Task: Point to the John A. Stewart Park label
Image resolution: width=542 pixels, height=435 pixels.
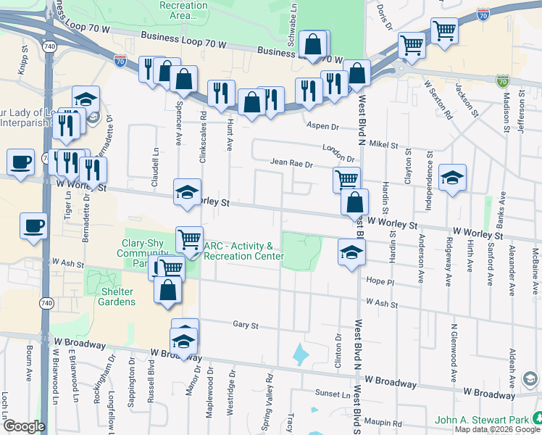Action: pos(481,420)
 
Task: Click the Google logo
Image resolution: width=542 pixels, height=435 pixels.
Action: pos(23,426)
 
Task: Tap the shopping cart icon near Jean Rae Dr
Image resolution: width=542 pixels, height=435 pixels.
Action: pos(347,178)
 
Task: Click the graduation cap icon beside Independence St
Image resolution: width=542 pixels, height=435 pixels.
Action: pos(452,178)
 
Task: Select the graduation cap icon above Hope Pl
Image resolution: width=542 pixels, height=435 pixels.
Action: pos(351,252)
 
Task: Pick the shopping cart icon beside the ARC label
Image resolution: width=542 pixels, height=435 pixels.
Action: pos(189,238)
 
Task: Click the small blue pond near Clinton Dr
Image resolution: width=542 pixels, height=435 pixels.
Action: pos(299,355)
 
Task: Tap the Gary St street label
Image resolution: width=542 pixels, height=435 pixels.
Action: pos(246,326)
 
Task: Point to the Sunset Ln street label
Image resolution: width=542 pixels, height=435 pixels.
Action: pos(332,394)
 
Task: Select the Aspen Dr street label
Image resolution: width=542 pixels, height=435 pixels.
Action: pos(323,126)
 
